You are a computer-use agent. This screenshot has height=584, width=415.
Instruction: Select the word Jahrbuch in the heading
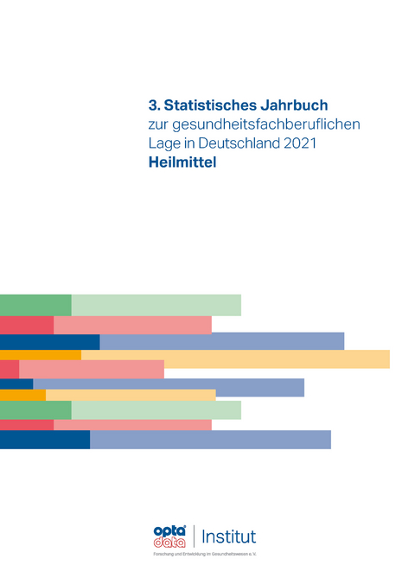tap(290, 105)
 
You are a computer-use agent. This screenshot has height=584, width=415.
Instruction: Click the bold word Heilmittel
tap(182, 164)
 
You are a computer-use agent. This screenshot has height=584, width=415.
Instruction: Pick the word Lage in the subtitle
tap(163, 145)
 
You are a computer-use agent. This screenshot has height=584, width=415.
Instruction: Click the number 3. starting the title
tap(155, 105)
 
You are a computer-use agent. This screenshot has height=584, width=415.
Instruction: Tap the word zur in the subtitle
tap(158, 125)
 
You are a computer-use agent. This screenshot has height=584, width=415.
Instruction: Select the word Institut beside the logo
tap(228, 536)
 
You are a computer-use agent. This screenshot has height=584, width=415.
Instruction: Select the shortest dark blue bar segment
tap(16, 384)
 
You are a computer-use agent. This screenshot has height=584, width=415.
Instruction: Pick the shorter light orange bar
tap(131, 395)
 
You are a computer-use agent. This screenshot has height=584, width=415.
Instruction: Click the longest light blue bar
tap(221, 341)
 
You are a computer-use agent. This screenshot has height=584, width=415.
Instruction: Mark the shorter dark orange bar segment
tap(22, 395)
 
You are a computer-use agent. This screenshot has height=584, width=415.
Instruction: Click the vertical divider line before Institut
tap(193, 536)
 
